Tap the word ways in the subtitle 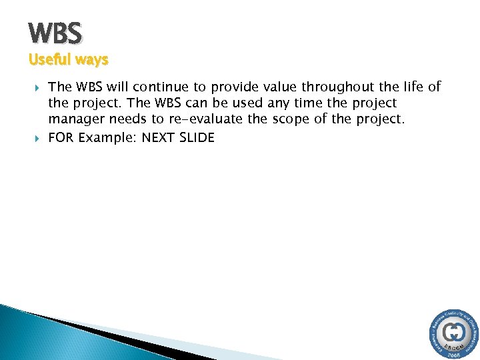[91, 60]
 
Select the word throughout [334, 87]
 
